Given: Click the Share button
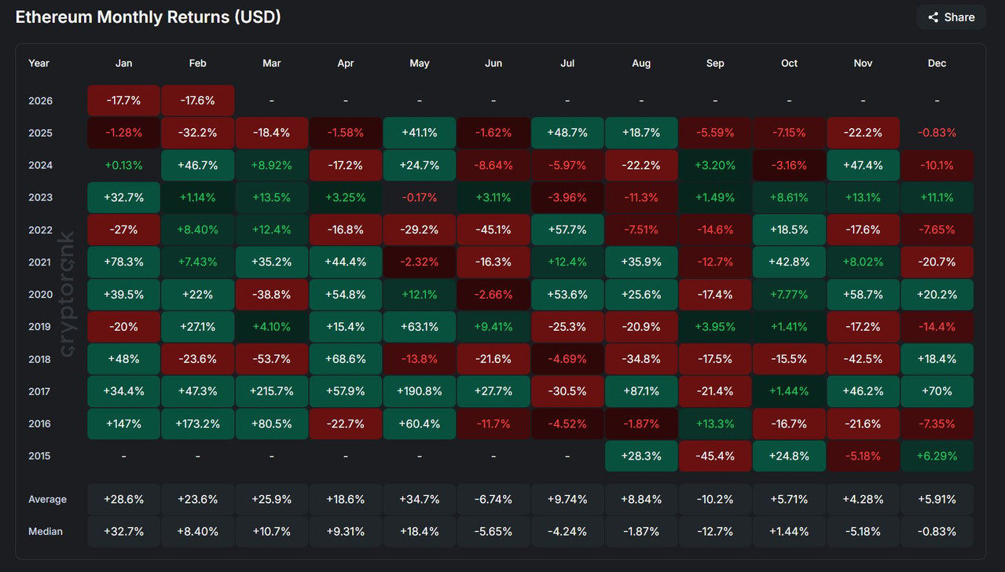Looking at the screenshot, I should (x=951, y=17).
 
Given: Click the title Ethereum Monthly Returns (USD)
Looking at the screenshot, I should (x=149, y=16).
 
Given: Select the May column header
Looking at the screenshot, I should (x=420, y=63).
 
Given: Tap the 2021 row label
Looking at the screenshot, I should (x=39, y=262).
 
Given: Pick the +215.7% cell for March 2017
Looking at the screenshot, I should (x=272, y=391).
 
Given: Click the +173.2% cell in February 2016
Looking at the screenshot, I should (x=198, y=423).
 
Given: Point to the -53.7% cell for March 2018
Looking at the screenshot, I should (x=272, y=359).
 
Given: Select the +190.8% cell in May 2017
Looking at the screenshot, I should (x=420, y=391).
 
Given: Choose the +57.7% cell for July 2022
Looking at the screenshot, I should (x=567, y=230).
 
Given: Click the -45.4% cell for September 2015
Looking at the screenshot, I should (x=715, y=456).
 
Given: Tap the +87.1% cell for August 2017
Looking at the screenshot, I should (x=641, y=391).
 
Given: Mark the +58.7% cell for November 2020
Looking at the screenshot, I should (x=863, y=295).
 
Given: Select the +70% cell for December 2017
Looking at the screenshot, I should (x=937, y=391).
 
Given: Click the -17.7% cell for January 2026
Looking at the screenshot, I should (x=124, y=101).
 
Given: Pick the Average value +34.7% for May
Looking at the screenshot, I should (x=420, y=499).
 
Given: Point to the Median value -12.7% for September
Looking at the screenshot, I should (x=715, y=531).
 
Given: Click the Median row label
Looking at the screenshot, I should (x=46, y=531).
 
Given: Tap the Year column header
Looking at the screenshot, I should (x=39, y=63).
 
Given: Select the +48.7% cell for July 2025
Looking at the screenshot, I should (x=567, y=133).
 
